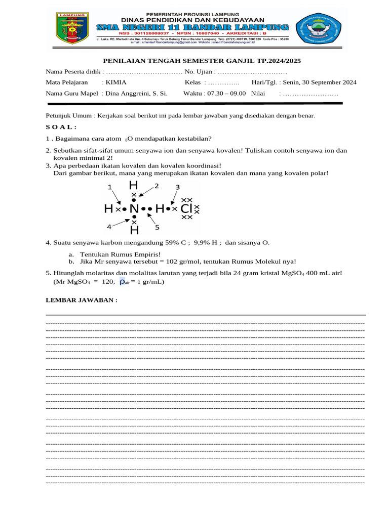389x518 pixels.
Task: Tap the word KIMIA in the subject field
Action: click(116, 82)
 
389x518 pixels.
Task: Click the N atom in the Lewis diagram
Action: click(134, 208)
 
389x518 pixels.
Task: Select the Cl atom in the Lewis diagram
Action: click(186, 208)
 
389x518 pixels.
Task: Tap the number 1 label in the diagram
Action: click(109, 187)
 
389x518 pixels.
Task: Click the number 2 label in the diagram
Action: click(157, 186)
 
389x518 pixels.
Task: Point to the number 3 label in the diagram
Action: click(177, 187)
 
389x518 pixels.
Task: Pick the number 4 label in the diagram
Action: click(109, 226)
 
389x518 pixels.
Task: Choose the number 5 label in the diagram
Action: click(157, 228)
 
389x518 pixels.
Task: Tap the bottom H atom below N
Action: click(134, 231)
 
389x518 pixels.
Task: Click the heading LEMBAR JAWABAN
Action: click(82, 300)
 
